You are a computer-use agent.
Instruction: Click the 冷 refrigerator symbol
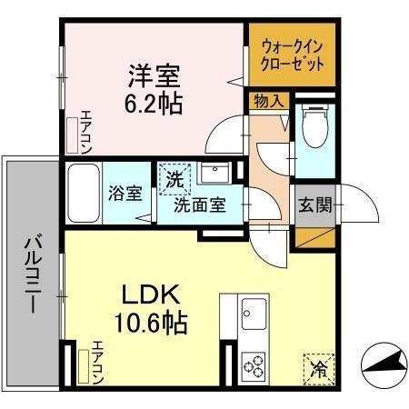(319, 368)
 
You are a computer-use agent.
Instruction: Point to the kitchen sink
(254, 317)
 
